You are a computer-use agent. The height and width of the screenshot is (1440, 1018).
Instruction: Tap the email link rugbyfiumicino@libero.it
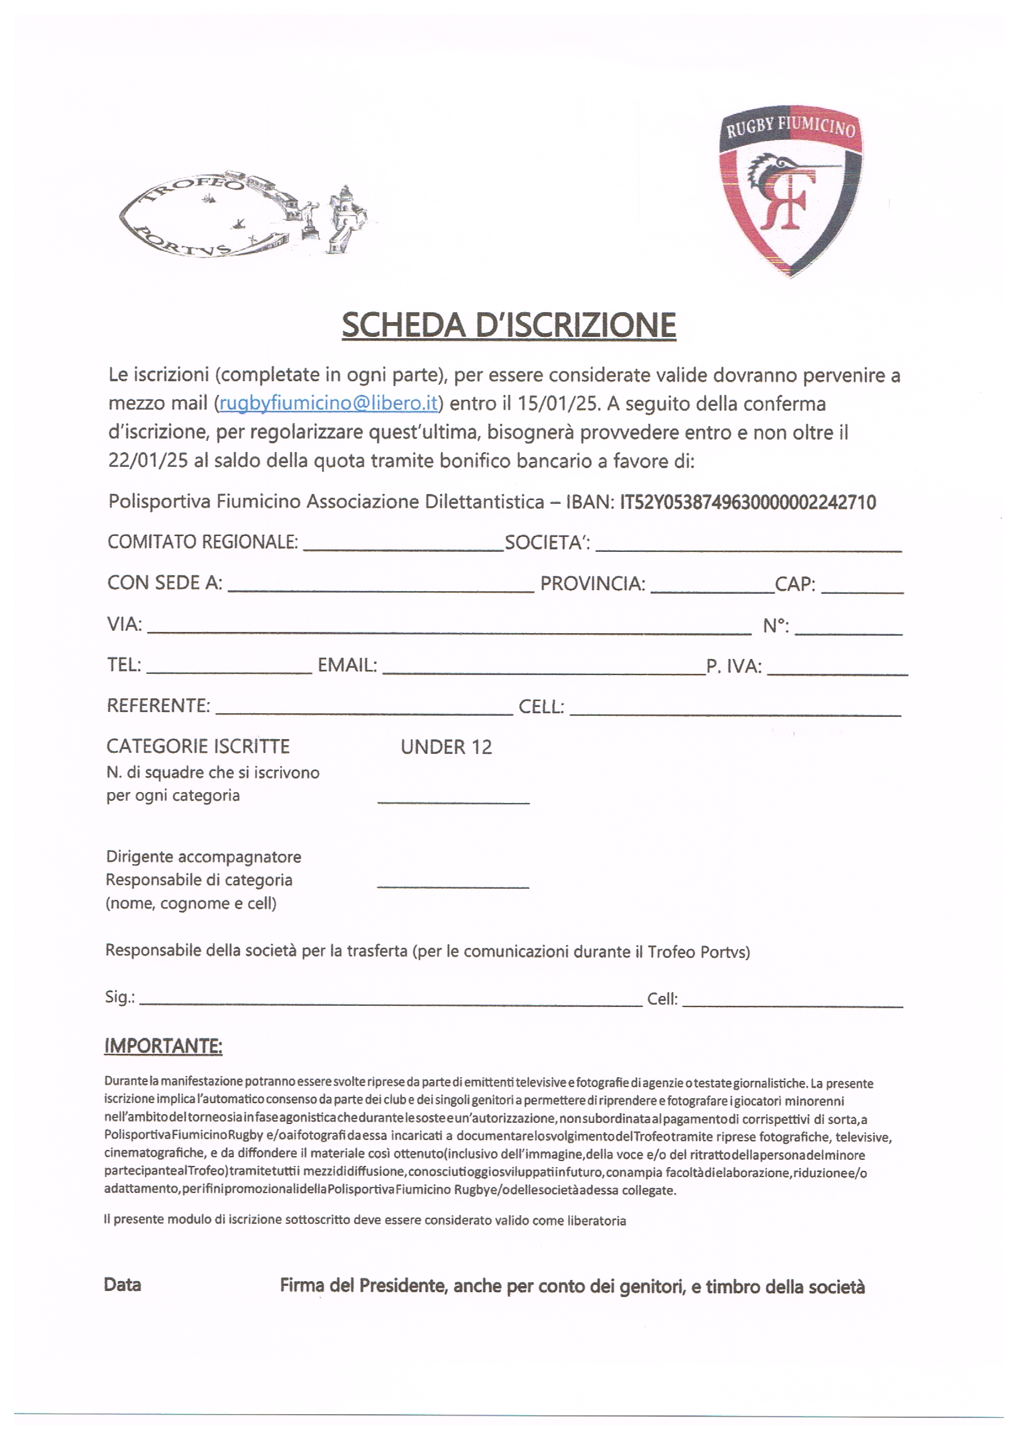(328, 403)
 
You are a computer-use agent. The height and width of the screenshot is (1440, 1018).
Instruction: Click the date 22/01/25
(148, 460)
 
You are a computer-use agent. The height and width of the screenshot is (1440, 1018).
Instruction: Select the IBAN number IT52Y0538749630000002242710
(748, 502)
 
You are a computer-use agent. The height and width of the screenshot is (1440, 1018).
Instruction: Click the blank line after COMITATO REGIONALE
(403, 544)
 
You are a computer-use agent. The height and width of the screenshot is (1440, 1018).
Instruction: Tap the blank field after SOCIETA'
(748, 544)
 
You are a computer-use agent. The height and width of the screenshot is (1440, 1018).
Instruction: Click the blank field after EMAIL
(544, 668)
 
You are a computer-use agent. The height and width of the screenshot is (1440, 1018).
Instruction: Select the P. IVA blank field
(838, 668)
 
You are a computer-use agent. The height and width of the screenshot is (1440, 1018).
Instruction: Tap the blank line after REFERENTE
(364, 708)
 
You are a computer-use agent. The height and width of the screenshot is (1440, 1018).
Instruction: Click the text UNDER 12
(446, 746)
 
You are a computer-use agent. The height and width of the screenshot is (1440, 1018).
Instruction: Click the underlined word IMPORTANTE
(163, 1046)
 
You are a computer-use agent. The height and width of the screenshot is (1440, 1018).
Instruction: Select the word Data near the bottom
(123, 1285)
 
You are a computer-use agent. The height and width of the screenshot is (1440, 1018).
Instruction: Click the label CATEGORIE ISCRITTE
(198, 746)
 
